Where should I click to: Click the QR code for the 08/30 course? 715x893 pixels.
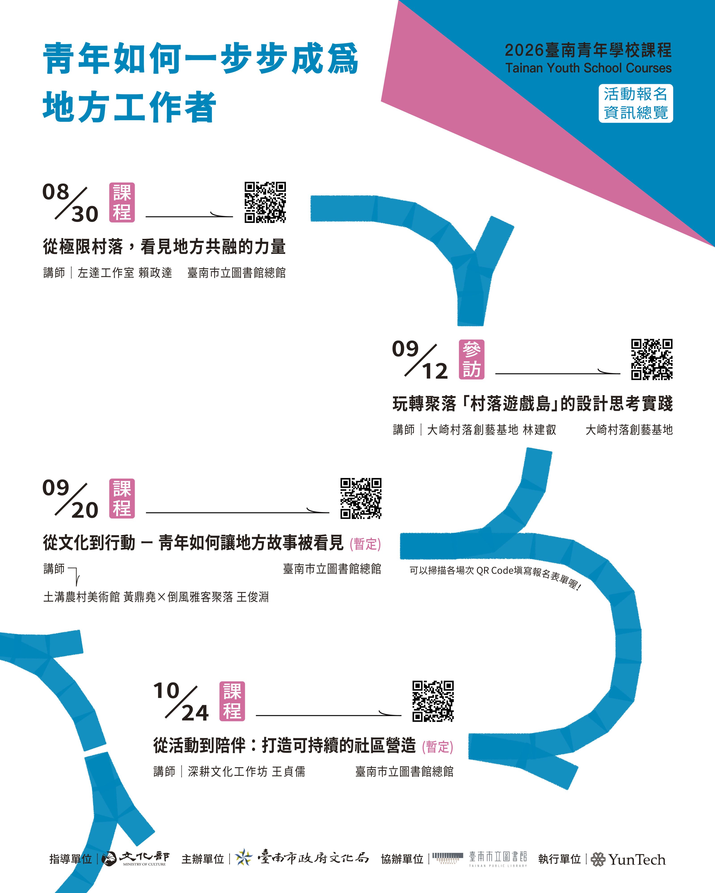265,202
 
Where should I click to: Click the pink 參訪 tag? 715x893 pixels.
472,359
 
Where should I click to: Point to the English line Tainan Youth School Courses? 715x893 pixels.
588,68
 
